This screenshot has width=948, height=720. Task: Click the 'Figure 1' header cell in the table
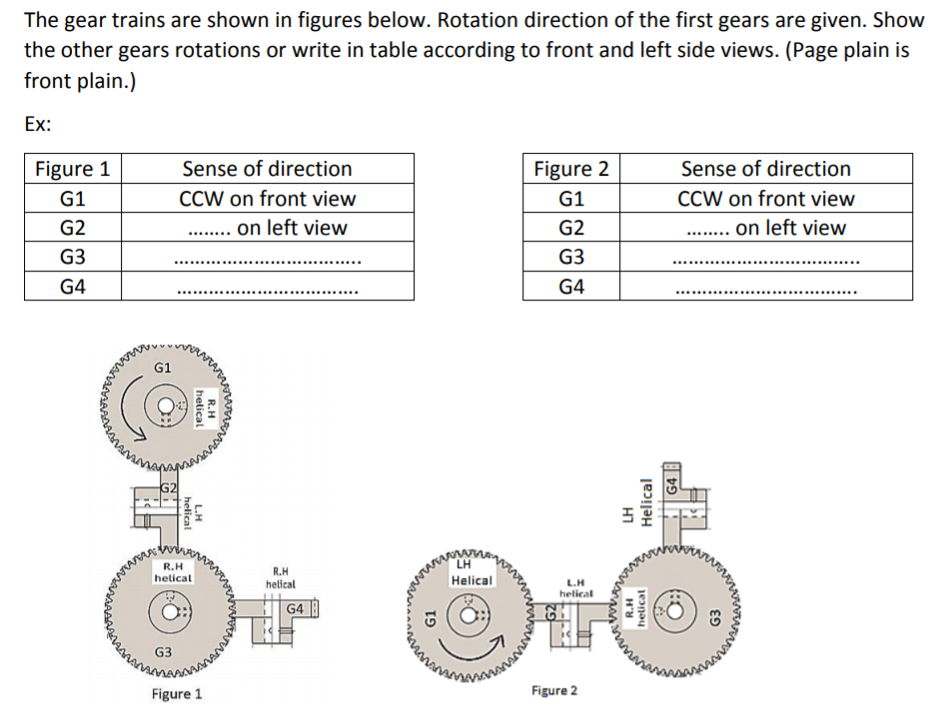72,168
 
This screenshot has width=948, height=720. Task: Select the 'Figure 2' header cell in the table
570,168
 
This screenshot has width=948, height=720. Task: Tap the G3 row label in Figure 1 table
72,257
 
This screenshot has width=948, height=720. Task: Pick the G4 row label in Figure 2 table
570,287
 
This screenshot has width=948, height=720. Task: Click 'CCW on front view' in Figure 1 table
267,198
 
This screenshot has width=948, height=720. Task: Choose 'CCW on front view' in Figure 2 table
765,198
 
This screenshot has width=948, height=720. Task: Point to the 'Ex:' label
38,125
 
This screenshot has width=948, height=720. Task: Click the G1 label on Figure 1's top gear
162,368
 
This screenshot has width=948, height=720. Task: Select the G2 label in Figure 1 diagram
170,488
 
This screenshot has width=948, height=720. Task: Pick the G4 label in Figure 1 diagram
296,608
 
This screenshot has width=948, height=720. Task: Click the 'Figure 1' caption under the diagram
176,694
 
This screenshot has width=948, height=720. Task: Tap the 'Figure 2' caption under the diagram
555,690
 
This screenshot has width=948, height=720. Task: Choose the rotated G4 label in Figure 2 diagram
672,488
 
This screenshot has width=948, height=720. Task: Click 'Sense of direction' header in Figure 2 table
765,168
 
